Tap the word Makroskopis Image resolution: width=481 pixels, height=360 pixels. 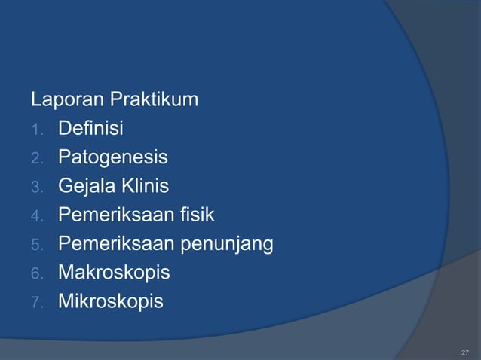pyautogui.click(x=114, y=273)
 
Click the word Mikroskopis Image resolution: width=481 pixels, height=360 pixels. pyautogui.click(x=110, y=302)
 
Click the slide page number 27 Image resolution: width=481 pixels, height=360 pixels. pyautogui.click(x=464, y=352)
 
